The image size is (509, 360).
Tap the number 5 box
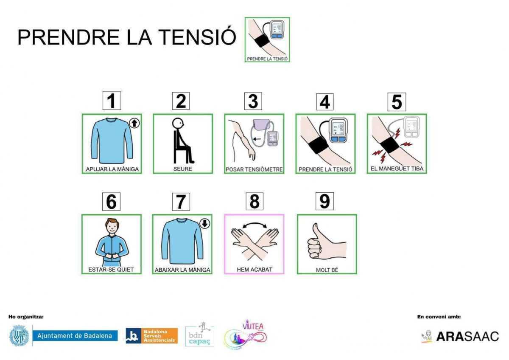tap(397, 102)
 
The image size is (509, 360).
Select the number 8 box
tap(254, 201)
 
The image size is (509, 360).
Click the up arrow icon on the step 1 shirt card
tap(134, 123)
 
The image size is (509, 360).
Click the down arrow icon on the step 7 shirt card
tap(205, 223)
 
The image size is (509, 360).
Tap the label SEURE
tap(182, 169)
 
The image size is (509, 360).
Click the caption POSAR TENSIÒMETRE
tap(254, 169)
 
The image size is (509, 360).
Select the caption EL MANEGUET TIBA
tap(397, 169)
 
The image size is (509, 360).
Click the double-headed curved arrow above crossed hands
tap(254, 224)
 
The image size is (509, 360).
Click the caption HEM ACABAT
tap(254, 270)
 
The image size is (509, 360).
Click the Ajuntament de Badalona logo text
tap(75, 336)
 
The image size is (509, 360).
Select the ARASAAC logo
tap(460, 336)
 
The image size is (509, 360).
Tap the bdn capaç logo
tap(199, 335)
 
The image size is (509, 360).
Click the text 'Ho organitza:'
tap(26, 317)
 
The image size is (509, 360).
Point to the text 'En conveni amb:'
tap(439, 317)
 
